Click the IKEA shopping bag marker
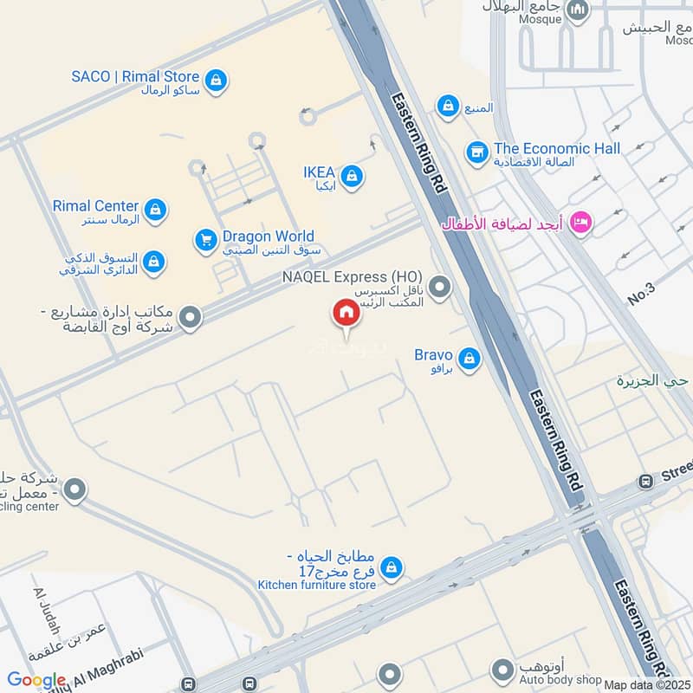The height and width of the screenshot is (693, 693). pyautogui.click(x=352, y=177)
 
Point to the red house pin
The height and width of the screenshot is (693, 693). pyautogui.click(x=346, y=313)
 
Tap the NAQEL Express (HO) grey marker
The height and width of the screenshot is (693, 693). pyautogui.click(x=441, y=285)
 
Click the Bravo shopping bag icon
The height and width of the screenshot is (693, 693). pyautogui.click(x=470, y=358)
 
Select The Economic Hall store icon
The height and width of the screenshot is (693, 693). pyautogui.click(x=476, y=152)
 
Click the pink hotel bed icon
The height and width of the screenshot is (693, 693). pyautogui.click(x=580, y=223)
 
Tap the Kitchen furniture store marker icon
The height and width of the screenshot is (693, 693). pyautogui.click(x=392, y=567)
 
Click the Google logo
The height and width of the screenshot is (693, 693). pyautogui.click(x=36, y=681)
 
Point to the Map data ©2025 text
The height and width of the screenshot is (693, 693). pyautogui.click(x=646, y=684)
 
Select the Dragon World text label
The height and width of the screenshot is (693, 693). pyautogui.click(x=268, y=236)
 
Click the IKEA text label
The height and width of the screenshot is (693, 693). pyautogui.click(x=319, y=172)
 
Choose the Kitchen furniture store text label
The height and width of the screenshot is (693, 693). pyautogui.click(x=317, y=586)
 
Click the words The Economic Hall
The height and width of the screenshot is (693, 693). pyautogui.click(x=557, y=148)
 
